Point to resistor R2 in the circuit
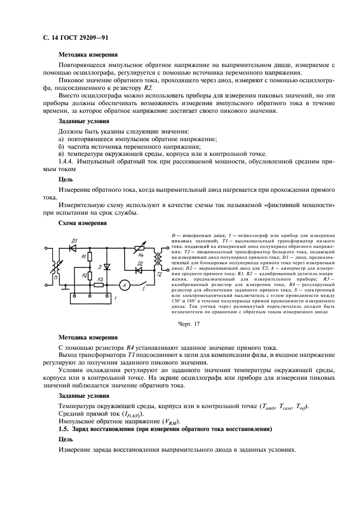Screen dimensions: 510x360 pos(90,276)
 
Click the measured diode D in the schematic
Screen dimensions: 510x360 pos(107,266)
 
